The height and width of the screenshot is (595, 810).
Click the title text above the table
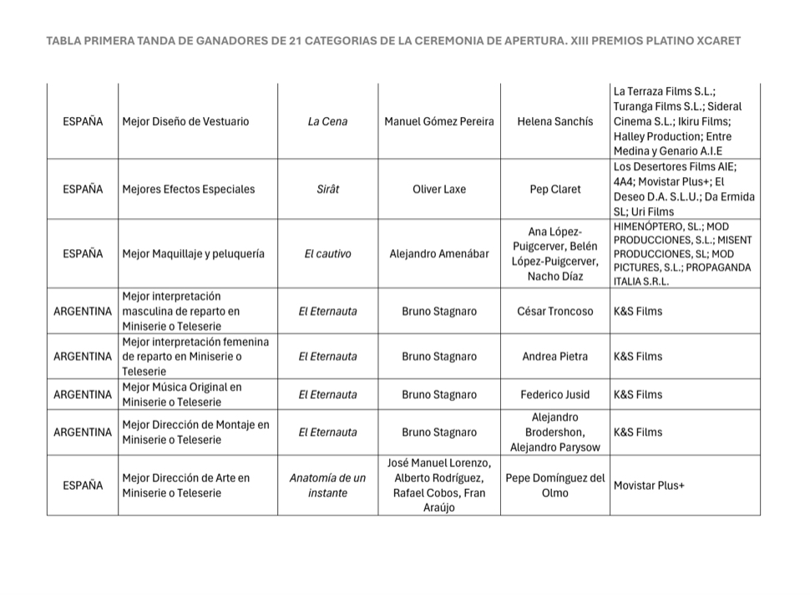(393, 40)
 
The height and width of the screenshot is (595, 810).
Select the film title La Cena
(327, 121)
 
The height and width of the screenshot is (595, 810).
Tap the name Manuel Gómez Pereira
(439, 121)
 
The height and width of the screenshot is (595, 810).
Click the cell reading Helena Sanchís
(555, 121)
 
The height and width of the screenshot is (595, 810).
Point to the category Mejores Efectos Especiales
(188, 189)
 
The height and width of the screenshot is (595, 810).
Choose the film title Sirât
(327, 189)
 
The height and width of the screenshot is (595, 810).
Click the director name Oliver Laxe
(439, 189)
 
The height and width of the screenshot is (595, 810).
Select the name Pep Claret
(555, 189)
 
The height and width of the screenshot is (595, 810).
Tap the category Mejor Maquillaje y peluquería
(193, 253)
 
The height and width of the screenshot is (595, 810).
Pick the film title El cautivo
(327, 253)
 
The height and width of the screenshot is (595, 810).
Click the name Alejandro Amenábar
(439, 253)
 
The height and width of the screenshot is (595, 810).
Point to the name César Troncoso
(555, 311)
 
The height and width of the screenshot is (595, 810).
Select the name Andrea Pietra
(555, 356)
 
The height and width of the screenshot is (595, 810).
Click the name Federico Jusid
(555, 394)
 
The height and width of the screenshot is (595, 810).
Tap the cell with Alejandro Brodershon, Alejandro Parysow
(555, 432)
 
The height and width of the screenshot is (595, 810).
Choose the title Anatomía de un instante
(327, 486)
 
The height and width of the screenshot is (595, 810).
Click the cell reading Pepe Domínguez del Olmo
(555, 486)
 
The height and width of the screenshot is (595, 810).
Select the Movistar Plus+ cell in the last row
(649, 486)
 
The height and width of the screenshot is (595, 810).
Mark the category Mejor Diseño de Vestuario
(185, 121)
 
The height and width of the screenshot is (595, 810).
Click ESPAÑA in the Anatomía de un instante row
(83, 486)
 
